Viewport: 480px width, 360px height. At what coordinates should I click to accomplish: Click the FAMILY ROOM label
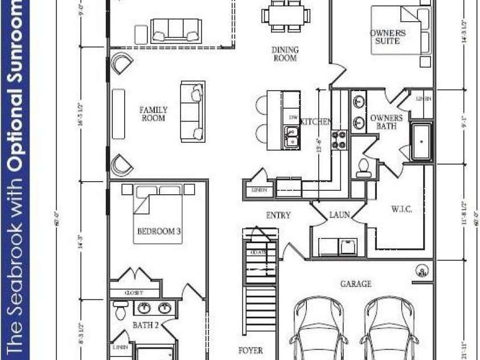point(154,114)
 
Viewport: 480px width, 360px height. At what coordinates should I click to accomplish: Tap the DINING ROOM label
point(285,54)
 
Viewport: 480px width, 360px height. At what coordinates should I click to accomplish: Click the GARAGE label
point(356,284)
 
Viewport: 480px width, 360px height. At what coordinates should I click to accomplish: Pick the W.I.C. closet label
point(401,210)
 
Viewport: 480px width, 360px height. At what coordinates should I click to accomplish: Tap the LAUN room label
point(339,215)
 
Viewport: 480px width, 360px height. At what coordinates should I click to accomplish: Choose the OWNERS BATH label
point(386,122)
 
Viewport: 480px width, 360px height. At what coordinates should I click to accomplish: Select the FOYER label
point(250,351)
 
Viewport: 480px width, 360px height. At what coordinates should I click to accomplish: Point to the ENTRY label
point(278,215)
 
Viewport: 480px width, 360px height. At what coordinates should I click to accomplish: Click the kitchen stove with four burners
point(339,140)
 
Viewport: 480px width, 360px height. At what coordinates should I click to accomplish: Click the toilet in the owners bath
point(363,166)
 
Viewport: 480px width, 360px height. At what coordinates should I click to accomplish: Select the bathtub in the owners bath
point(422,141)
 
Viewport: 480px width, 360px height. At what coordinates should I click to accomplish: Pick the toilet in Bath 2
point(120,310)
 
